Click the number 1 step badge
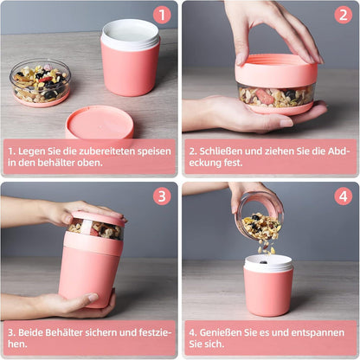point(162,15)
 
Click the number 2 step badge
point(344,15)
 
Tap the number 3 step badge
point(162,196)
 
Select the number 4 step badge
point(344,196)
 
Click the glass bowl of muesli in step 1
point(40,81)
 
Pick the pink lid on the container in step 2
point(276,70)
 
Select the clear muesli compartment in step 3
point(94,229)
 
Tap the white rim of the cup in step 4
point(268,263)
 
